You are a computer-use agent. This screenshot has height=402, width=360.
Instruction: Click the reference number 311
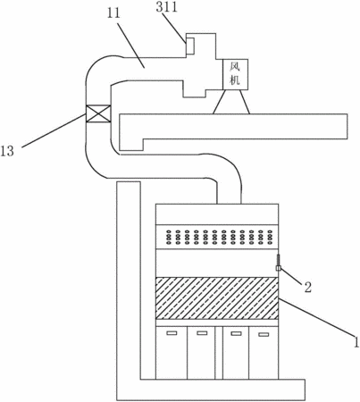[x=166, y=6]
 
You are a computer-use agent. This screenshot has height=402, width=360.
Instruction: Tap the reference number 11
[x=113, y=13]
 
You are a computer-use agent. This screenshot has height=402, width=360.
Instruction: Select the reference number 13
[x=7, y=152]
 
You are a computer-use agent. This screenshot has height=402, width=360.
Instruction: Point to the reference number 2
[x=307, y=287]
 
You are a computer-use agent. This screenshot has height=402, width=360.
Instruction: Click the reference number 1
[x=356, y=341]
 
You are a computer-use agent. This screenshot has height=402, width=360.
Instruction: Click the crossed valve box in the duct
[x=98, y=113]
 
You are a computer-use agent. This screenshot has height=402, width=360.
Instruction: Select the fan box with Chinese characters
[x=235, y=74]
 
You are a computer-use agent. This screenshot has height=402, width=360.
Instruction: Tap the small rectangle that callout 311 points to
[x=190, y=46]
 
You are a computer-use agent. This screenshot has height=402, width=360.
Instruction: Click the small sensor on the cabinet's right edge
[x=278, y=263]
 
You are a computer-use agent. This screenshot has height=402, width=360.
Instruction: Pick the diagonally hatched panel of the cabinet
[x=217, y=298]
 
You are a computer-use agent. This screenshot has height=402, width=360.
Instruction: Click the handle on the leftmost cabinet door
[x=172, y=333]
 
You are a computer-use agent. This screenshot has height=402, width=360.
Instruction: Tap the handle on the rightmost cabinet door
[x=264, y=334]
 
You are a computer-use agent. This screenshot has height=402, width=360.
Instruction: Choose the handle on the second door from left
[x=202, y=333]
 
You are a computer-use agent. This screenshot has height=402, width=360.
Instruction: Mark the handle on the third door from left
[x=236, y=333]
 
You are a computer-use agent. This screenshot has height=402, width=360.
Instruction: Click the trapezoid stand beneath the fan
[x=231, y=102]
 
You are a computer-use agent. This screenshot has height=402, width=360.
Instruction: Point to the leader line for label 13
[x=54, y=130]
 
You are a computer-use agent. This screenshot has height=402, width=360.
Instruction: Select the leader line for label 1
[x=316, y=316]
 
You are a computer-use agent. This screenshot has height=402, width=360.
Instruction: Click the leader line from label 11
[x=130, y=45]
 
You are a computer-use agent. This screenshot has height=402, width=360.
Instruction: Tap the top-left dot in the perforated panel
[x=168, y=231]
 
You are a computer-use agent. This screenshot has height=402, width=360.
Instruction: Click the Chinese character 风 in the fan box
[x=235, y=67]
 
